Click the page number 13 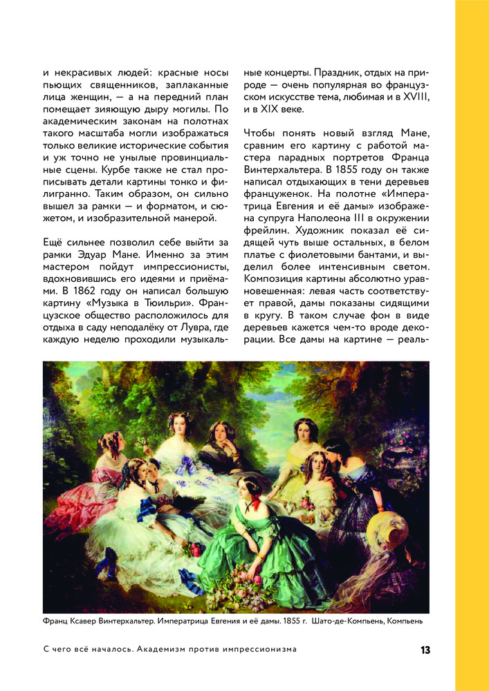click(425, 650)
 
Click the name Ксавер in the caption click(84, 621)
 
